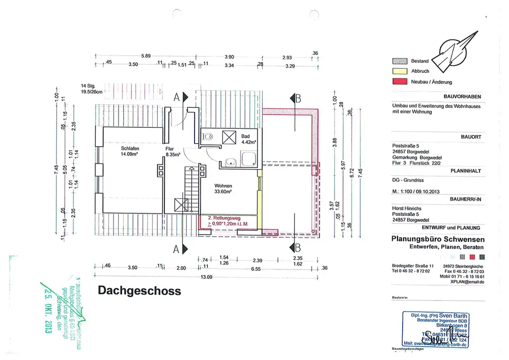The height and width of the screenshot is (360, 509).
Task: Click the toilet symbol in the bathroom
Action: click(x=207, y=136)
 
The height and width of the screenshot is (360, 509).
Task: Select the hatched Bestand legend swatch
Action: click(x=399, y=61)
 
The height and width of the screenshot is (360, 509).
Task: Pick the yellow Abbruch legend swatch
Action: click(x=399, y=71)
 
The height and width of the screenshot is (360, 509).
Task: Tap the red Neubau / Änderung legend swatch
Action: click(x=399, y=81)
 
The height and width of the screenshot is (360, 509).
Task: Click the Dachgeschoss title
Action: click(x=139, y=291)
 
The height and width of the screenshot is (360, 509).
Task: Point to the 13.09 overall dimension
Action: click(x=206, y=277)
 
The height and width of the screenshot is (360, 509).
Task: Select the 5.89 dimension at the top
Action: click(x=147, y=57)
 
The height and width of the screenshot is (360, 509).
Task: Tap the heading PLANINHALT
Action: click(x=466, y=172)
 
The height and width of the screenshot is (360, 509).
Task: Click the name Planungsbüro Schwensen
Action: click(x=438, y=239)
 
